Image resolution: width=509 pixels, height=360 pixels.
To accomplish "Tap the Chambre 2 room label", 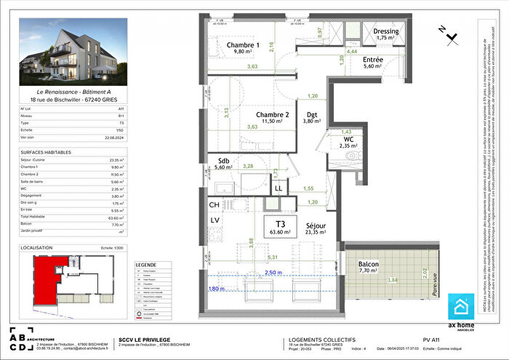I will click(x=272, y=115).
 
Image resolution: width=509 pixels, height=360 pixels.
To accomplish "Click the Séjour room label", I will click(x=316, y=225).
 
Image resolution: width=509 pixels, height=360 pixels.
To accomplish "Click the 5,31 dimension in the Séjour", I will click(x=273, y=257).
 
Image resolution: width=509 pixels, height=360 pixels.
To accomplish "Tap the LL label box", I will click(x=278, y=188).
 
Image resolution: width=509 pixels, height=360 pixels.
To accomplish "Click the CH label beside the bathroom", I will click(x=215, y=206).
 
